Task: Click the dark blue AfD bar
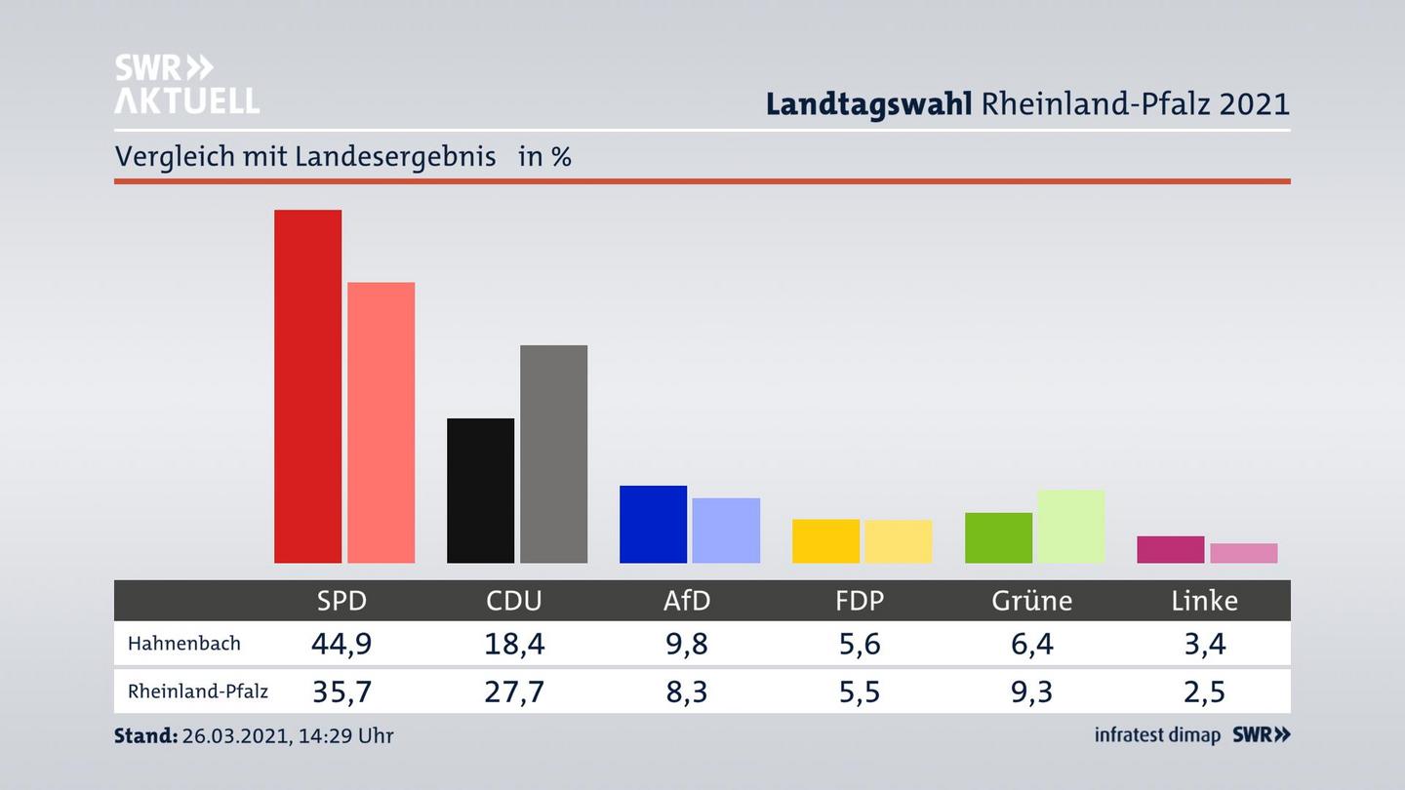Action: [x=653, y=524]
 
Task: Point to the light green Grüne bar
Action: [x=1070, y=526]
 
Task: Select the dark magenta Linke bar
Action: [x=1170, y=549]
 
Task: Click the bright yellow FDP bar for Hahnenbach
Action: [x=825, y=540]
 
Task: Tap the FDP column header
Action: [x=860, y=601]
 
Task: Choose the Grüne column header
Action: [x=1031, y=601]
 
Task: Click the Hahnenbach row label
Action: [x=183, y=644]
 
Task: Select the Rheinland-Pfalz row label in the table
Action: [x=197, y=691]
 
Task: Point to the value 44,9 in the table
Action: [x=341, y=644]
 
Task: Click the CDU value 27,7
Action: [x=514, y=691]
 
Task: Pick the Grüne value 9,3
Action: [x=1031, y=691]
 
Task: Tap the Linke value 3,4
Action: [x=1204, y=644]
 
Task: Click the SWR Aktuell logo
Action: [x=186, y=84]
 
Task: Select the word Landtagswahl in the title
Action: [x=868, y=103]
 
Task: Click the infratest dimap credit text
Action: [x=1157, y=735]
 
